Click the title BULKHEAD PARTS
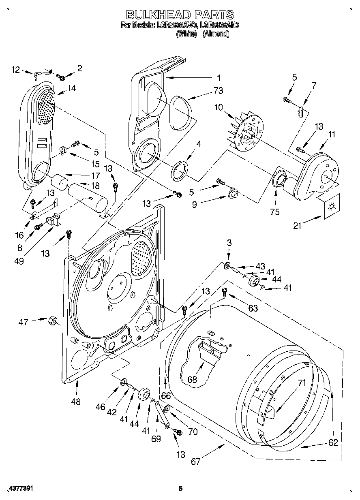point(180,15)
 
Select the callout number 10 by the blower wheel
point(219,107)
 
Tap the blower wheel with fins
point(243,132)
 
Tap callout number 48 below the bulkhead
point(76,402)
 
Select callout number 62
point(332,442)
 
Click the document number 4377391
point(20,489)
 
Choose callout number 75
point(275,212)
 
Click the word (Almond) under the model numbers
point(216,34)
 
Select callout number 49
point(19,261)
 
